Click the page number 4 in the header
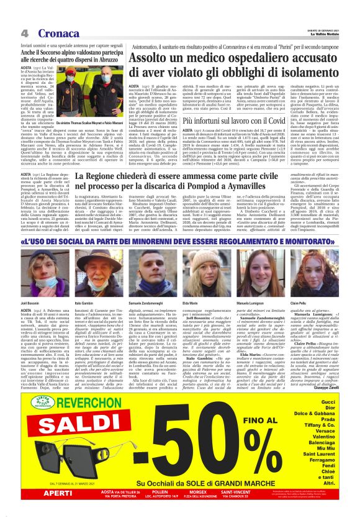coord(24,32)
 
